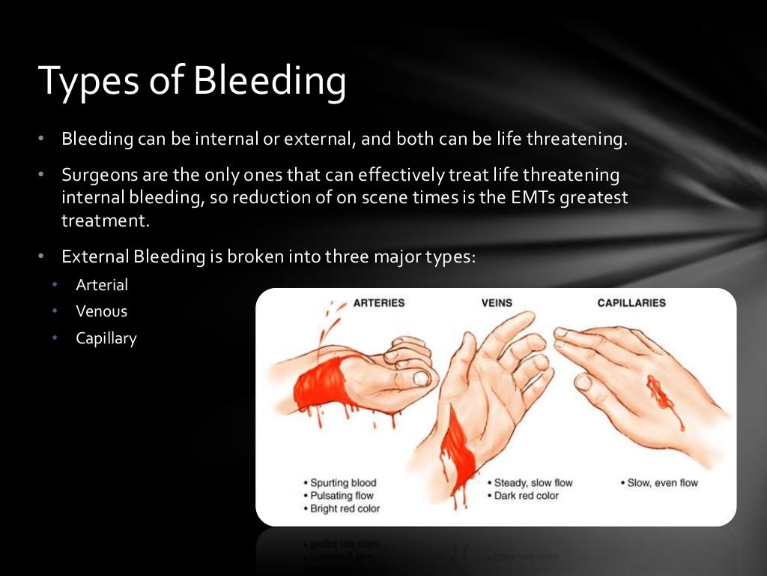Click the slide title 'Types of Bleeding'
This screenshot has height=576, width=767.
coord(192,81)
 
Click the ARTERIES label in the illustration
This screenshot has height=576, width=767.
coord(378,303)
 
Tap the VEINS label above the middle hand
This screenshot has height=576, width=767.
coord(496,303)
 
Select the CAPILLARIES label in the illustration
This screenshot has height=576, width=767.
coord(631,303)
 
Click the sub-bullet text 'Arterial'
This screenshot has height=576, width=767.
coord(102,285)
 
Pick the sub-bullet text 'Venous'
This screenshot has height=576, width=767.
coord(102,311)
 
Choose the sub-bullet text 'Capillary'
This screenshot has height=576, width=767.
coord(106,338)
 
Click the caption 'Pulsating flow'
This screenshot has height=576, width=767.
coord(342,496)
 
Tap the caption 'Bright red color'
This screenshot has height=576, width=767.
coord(345,508)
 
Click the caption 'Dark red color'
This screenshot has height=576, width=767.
coord(527,496)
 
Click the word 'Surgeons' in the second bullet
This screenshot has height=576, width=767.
coord(95,175)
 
